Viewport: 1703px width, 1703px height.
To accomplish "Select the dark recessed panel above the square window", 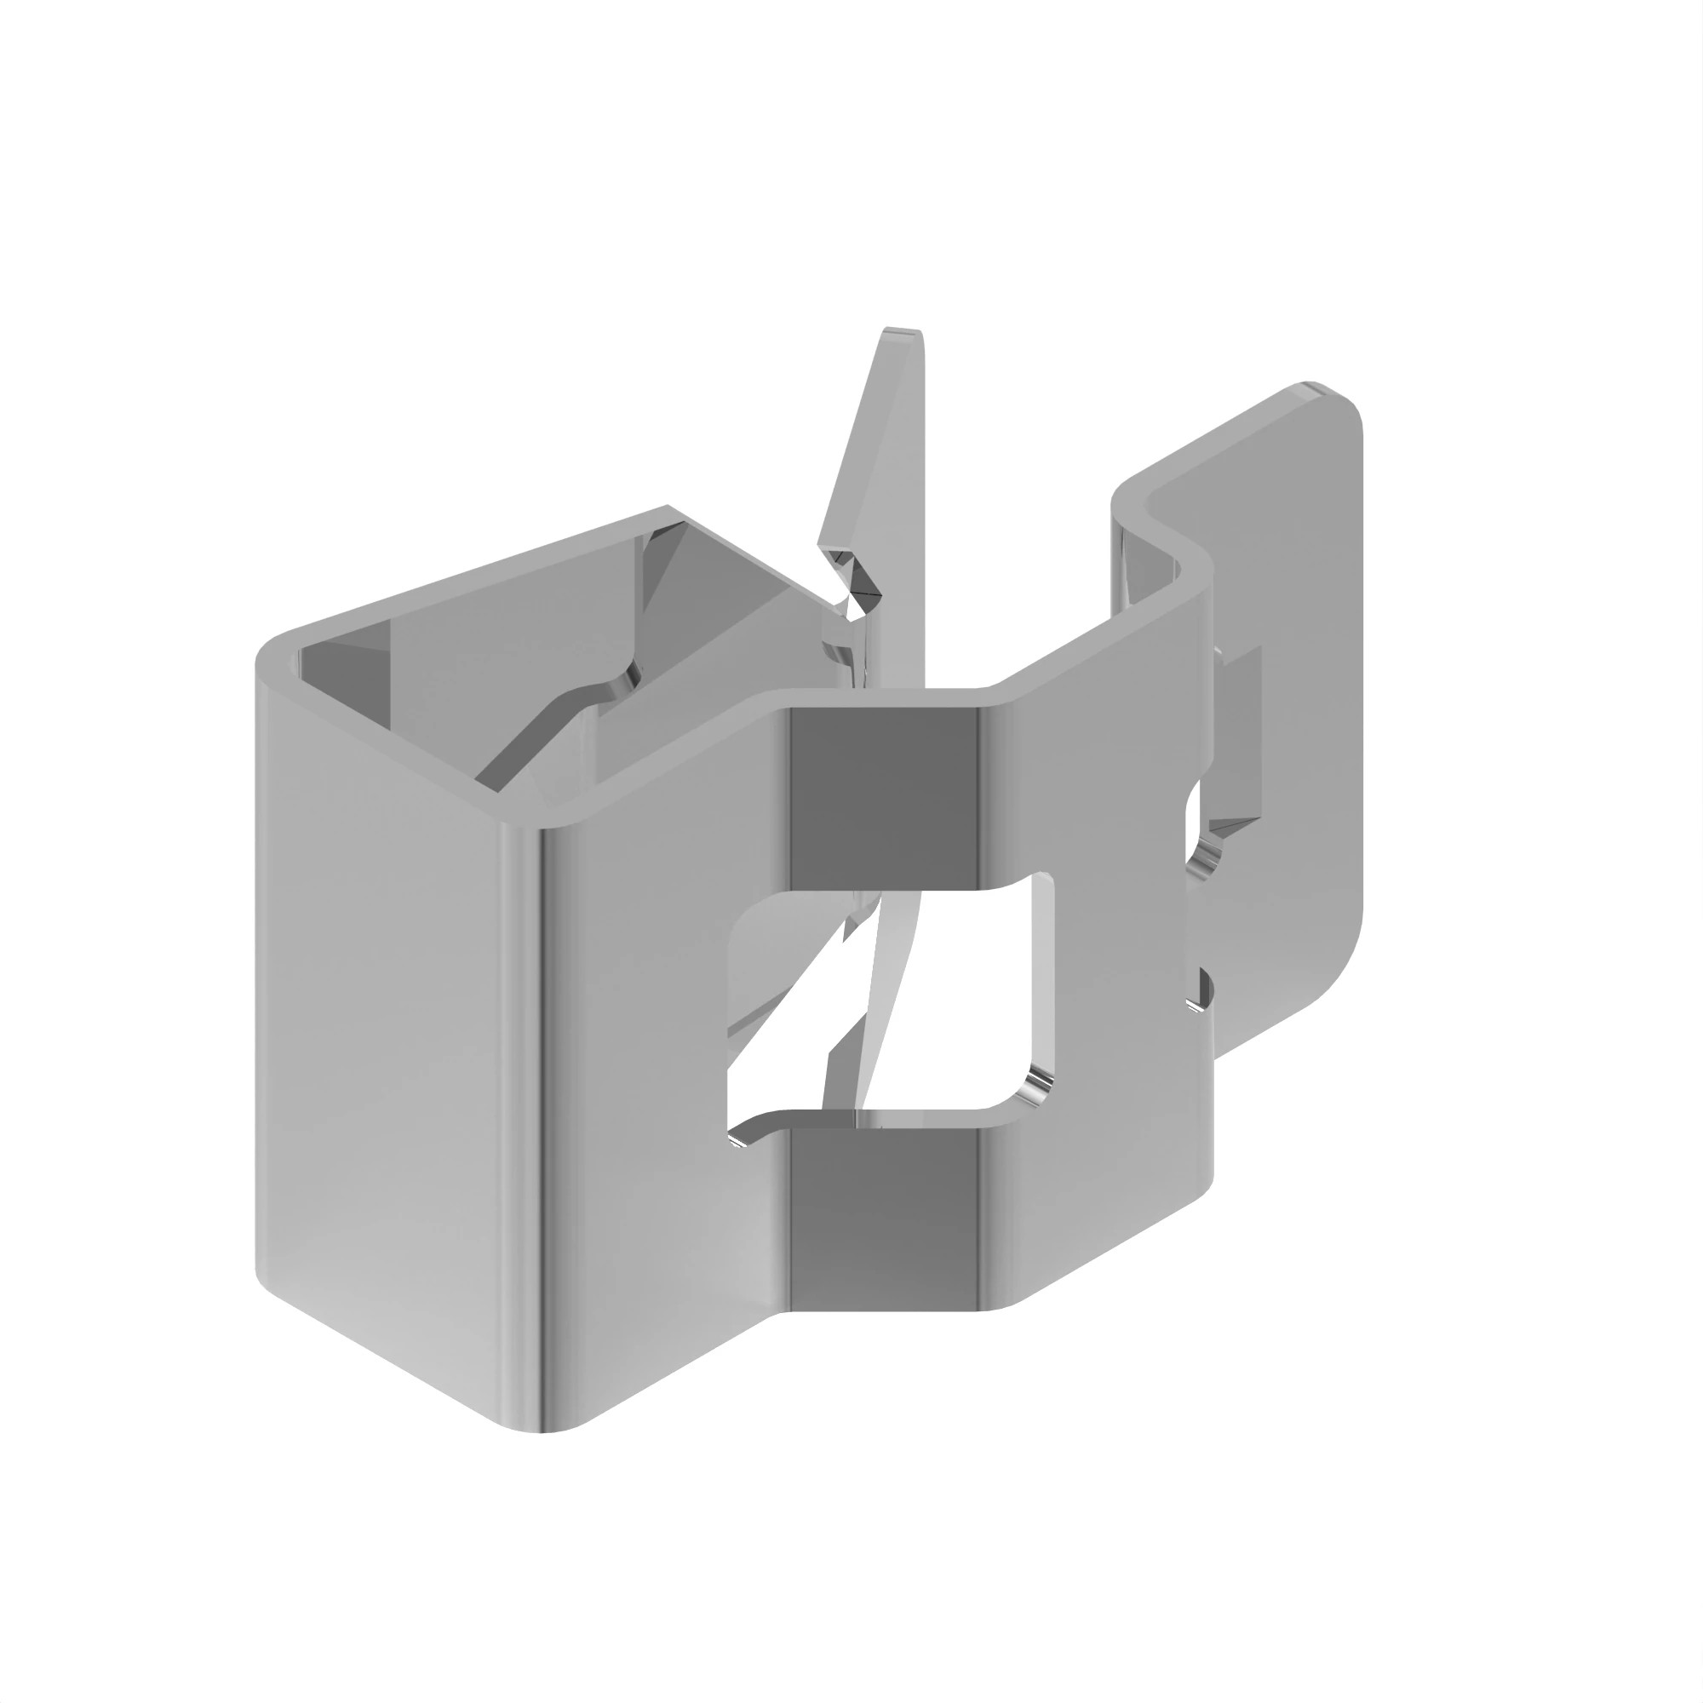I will click(x=882, y=794).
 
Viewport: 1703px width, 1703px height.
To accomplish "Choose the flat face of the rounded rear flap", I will click(x=1296, y=705).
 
